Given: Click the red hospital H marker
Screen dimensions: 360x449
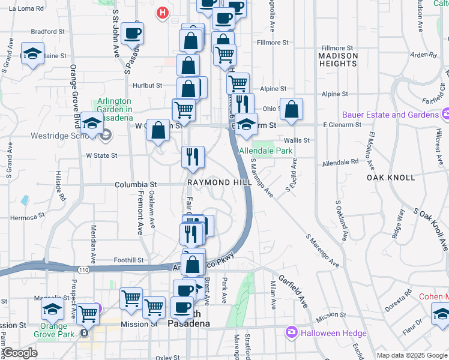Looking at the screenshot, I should coord(162,13).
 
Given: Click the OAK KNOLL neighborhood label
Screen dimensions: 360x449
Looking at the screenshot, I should coord(391,178).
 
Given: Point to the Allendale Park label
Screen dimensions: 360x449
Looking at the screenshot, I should coord(265,151).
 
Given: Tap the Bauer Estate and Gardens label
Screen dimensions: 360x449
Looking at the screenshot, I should coord(390,115).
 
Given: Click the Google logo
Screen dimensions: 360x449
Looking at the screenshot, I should coord(20,353).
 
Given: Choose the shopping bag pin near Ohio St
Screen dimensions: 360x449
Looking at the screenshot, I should coord(291,109).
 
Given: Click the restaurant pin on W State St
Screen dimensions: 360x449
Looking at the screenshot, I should coord(193,157).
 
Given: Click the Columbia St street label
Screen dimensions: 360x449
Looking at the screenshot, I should coord(136,185).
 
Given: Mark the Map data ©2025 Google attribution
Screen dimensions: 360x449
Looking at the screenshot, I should coord(411,355).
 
